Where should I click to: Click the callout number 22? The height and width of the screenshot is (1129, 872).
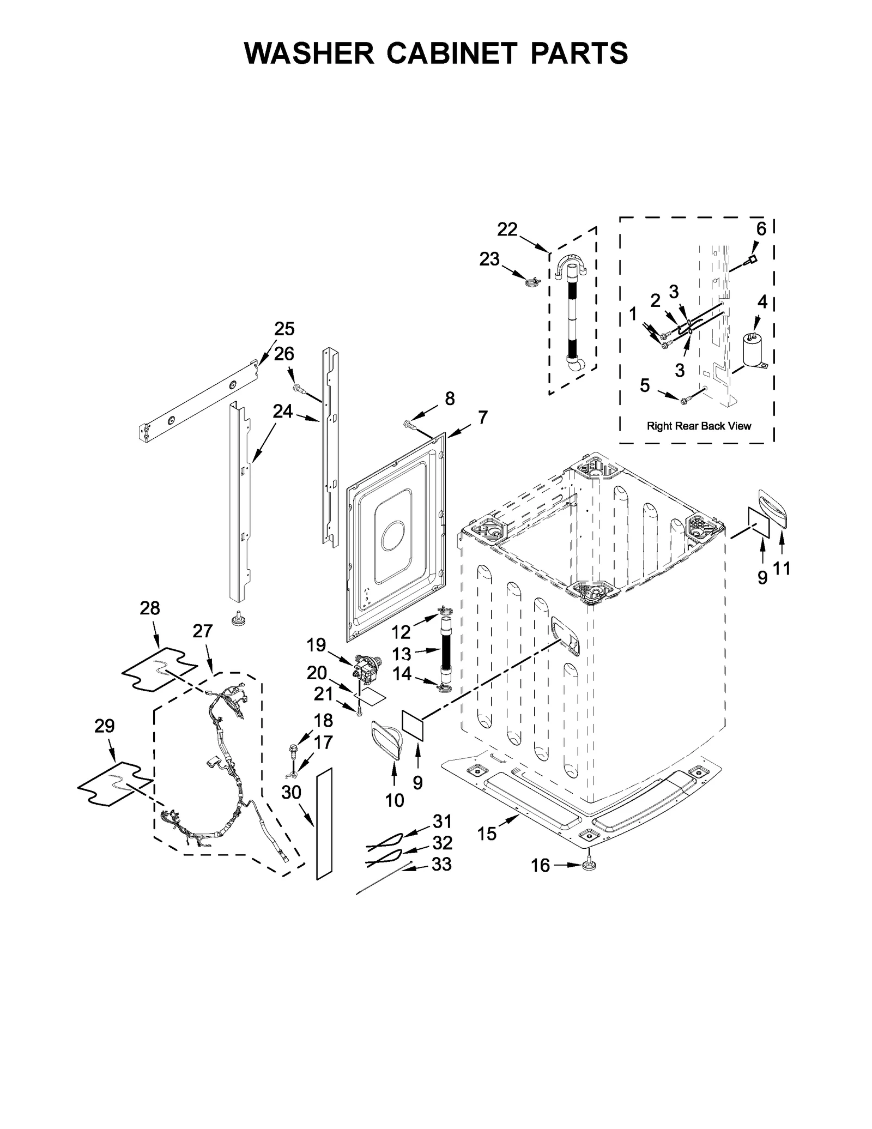(507, 230)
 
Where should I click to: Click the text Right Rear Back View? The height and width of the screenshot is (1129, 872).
(699, 426)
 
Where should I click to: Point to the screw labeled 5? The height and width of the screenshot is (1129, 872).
(682, 401)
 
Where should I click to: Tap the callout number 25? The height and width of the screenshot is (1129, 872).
(284, 329)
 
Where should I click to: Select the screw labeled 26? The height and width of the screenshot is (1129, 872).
(298, 388)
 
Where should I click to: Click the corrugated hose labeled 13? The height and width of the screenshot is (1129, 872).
(446, 649)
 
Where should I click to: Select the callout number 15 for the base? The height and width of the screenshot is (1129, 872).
(487, 834)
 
